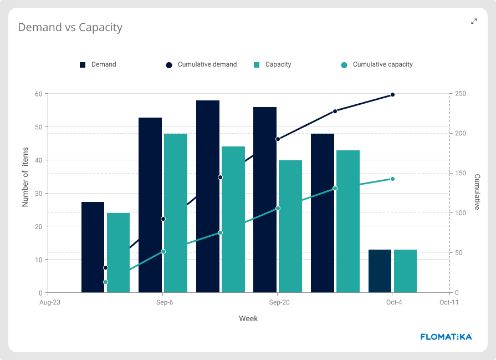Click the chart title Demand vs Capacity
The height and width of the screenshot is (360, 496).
click(x=70, y=27)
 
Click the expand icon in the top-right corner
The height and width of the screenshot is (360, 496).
click(x=474, y=22)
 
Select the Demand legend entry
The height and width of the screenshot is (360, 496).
click(x=98, y=64)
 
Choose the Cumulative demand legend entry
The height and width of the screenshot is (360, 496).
click(x=201, y=64)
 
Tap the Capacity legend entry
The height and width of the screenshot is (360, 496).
click(x=272, y=64)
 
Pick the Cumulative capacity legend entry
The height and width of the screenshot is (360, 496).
click(x=377, y=64)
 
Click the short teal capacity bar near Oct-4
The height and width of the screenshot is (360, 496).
click(x=405, y=271)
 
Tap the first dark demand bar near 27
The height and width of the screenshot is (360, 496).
click(x=93, y=247)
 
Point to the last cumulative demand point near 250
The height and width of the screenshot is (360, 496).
click(x=392, y=95)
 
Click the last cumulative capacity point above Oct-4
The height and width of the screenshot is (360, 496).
click(x=392, y=179)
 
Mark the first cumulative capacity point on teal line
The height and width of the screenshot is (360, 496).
click(x=105, y=282)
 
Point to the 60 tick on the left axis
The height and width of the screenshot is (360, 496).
click(x=38, y=94)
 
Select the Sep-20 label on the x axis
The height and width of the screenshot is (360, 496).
click(x=279, y=302)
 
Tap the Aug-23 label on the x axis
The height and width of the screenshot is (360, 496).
click(x=49, y=302)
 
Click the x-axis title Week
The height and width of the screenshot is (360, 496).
click(x=248, y=318)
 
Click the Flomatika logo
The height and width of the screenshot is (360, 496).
click(x=446, y=336)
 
